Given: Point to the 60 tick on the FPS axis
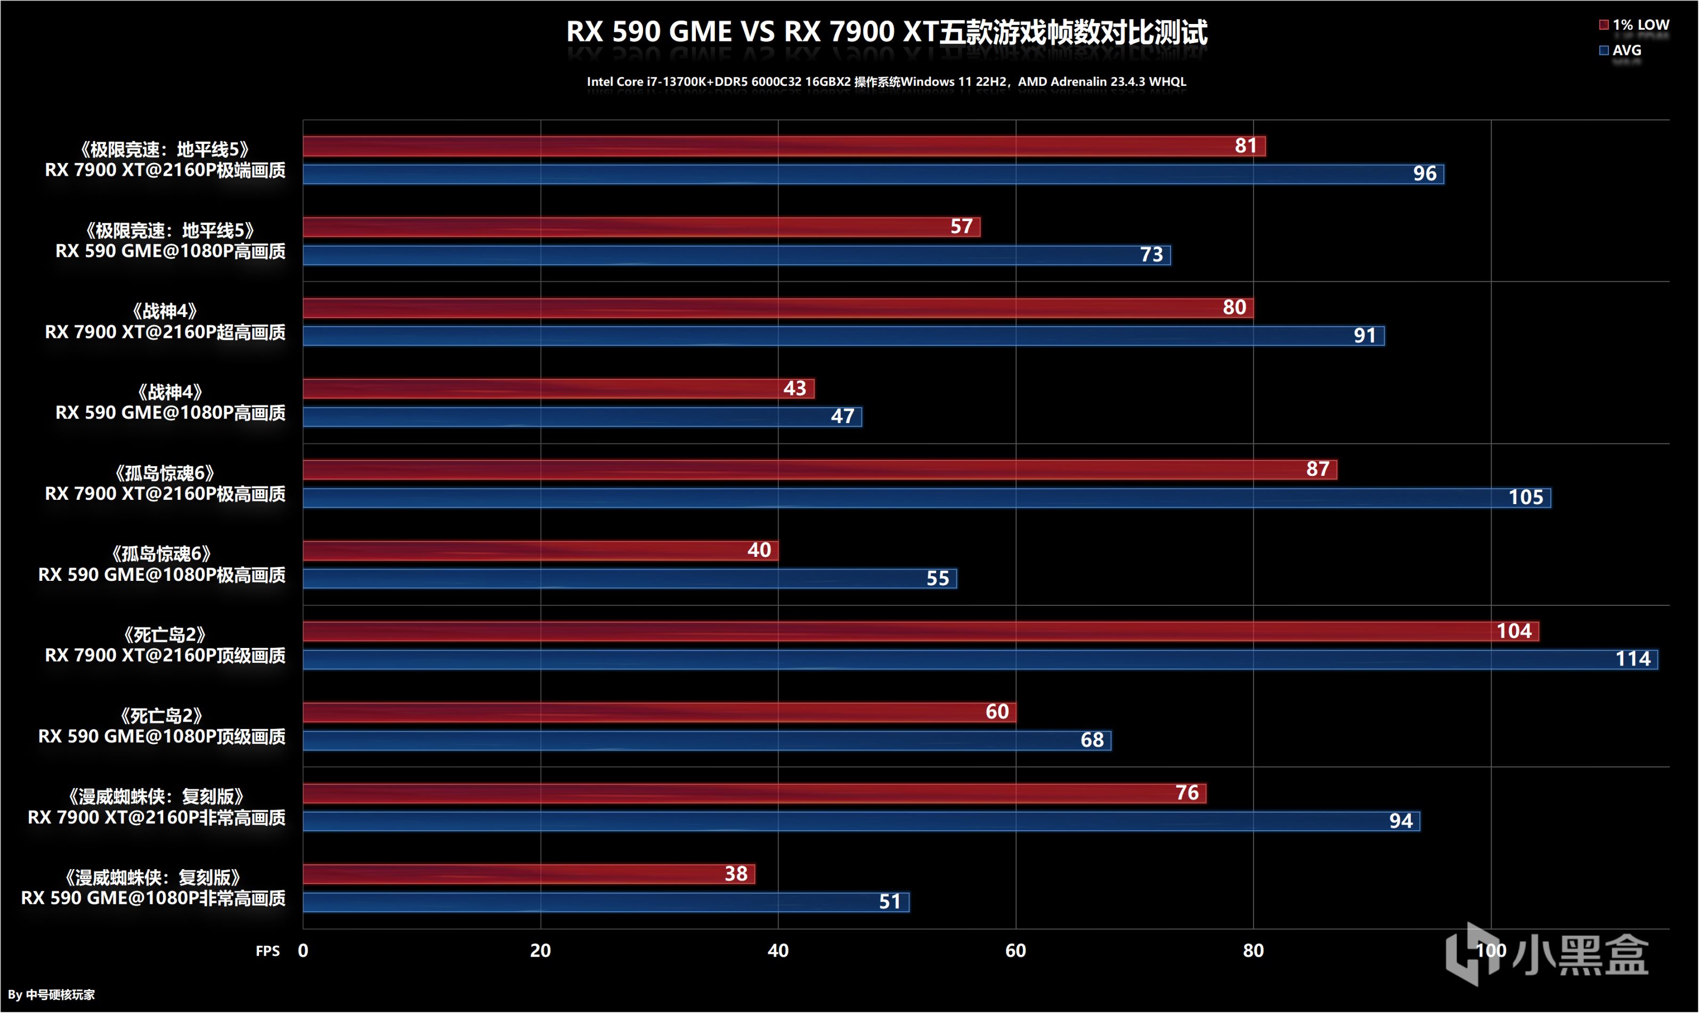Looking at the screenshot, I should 1015,950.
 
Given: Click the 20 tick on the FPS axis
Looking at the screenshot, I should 540,950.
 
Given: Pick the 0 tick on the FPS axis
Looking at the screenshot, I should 303,950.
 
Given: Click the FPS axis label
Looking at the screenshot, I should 267,951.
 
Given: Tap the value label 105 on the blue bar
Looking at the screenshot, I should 1526,497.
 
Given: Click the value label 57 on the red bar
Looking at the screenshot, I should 962,226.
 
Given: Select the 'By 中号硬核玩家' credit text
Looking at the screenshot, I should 52,994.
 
